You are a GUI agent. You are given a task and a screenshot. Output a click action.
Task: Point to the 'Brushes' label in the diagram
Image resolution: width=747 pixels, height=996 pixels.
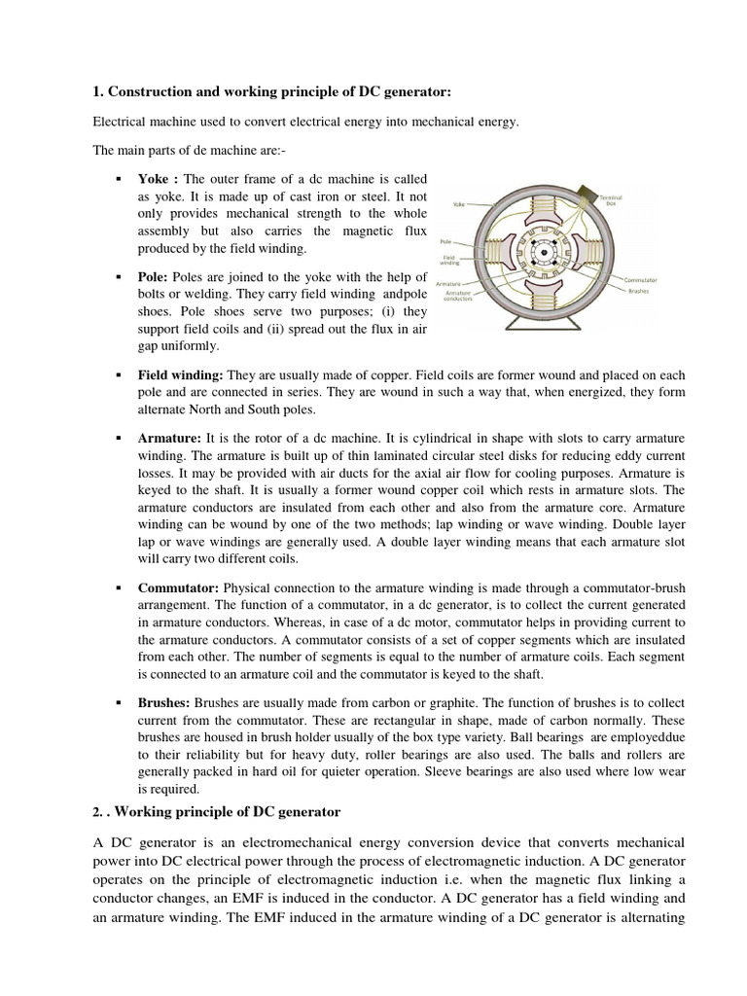click(x=639, y=290)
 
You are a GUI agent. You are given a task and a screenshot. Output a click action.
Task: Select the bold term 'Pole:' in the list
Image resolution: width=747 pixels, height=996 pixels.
click(x=154, y=279)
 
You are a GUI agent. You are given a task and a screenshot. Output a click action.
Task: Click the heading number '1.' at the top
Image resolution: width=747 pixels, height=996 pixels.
click(x=97, y=91)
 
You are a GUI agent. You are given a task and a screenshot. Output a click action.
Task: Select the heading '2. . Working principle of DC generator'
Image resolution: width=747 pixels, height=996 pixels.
click(x=216, y=811)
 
